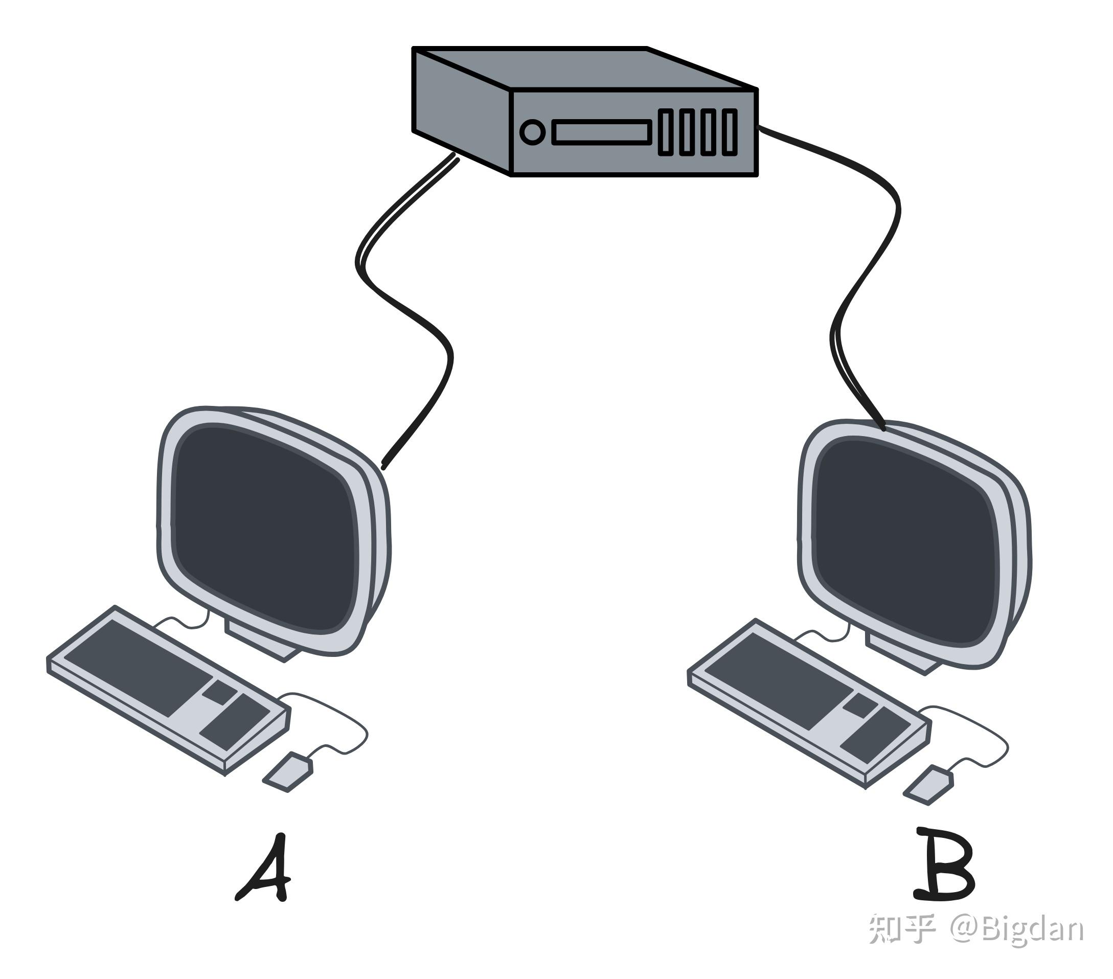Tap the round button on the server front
point(532,132)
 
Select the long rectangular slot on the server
point(602,132)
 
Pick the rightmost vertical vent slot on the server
point(730,132)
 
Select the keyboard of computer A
point(169,691)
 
